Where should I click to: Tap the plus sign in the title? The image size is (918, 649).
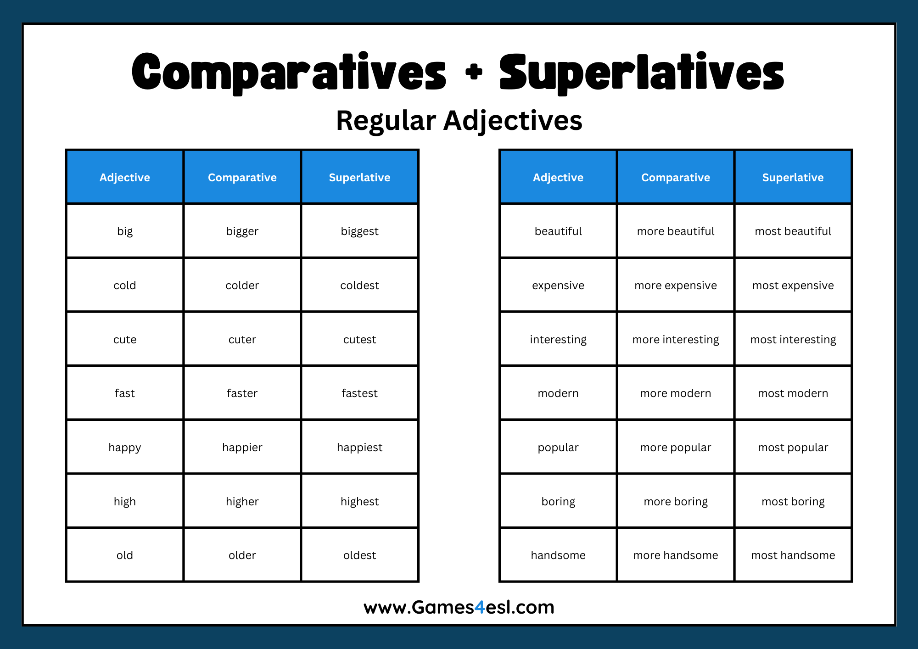point(474,72)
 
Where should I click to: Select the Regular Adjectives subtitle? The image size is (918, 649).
point(459,121)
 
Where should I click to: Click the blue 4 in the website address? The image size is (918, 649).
point(480,607)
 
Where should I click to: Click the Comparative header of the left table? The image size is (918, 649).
point(242,178)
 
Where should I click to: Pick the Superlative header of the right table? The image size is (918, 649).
point(793,178)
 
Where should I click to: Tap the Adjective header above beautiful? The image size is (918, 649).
point(558,178)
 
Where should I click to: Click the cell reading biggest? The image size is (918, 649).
point(359,231)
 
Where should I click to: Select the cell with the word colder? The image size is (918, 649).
point(242,285)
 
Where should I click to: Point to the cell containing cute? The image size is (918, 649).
point(125,340)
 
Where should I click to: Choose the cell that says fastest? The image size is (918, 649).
point(359,393)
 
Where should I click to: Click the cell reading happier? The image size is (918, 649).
point(242,448)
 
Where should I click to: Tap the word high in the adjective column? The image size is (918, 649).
point(125,501)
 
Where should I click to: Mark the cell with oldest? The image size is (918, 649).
point(359,555)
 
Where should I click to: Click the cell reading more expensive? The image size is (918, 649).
point(675,285)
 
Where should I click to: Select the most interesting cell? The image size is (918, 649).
point(793,340)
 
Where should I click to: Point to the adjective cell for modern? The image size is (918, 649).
point(558,393)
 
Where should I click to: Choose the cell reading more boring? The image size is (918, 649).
point(675,501)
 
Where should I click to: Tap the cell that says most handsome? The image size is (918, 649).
point(793,555)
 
